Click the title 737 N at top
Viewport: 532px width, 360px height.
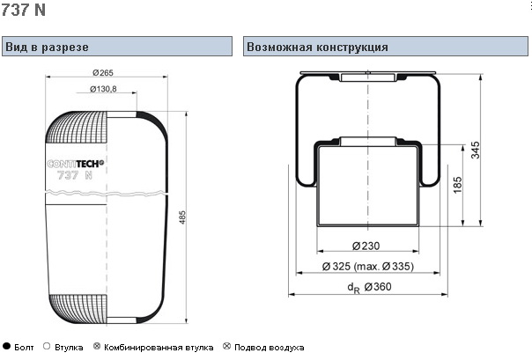pos(23,9)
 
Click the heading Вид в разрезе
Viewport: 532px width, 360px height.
pos(48,47)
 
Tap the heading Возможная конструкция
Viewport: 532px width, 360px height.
pos(317,47)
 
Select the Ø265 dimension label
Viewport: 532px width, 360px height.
pos(103,72)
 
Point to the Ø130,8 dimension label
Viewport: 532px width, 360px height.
pos(103,89)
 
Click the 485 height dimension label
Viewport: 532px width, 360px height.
pos(182,217)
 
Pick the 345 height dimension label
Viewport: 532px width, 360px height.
pos(476,151)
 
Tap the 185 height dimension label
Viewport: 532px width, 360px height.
pos(458,185)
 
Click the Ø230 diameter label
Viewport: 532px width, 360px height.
pos(366,246)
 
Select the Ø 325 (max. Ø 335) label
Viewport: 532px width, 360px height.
pos(368,267)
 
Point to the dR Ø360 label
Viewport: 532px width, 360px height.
pos(369,288)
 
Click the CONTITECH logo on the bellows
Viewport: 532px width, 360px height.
pos(76,164)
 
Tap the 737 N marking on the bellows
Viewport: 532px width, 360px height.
pos(75,175)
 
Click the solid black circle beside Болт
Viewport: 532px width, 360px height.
pos(6,346)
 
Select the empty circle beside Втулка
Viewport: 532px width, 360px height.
pos(47,346)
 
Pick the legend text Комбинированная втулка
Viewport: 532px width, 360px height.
pos(159,348)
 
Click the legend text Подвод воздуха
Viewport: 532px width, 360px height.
pos(269,348)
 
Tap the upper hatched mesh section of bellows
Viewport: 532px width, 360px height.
pos(77,127)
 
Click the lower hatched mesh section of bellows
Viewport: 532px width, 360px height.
pos(78,308)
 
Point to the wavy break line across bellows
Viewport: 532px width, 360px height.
pos(107,193)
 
